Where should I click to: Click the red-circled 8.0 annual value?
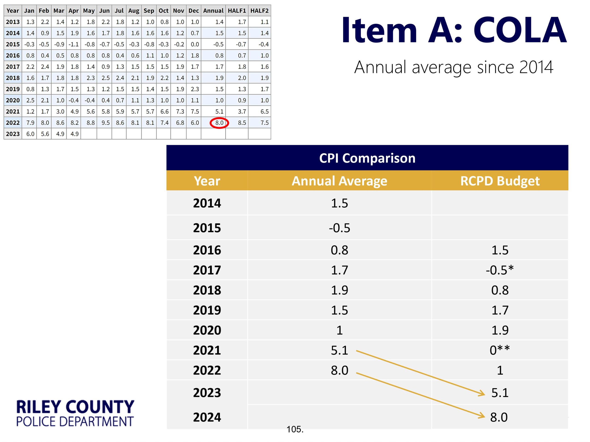(219, 123)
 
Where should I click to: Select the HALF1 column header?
(237, 11)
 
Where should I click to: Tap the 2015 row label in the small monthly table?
(13, 44)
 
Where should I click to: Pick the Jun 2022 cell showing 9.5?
(105, 123)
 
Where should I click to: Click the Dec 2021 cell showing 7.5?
(195, 112)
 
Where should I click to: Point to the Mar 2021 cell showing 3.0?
(60, 112)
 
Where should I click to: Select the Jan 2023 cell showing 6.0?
(30, 134)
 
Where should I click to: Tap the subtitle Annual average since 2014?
(453, 67)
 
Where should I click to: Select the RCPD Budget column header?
(500, 181)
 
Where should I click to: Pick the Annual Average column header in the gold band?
(339, 181)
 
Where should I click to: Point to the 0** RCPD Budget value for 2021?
(500, 350)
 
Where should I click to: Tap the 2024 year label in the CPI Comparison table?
(207, 417)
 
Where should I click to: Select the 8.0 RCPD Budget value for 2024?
(499, 417)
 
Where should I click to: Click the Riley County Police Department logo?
(75, 413)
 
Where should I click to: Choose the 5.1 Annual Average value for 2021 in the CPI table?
(339, 350)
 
